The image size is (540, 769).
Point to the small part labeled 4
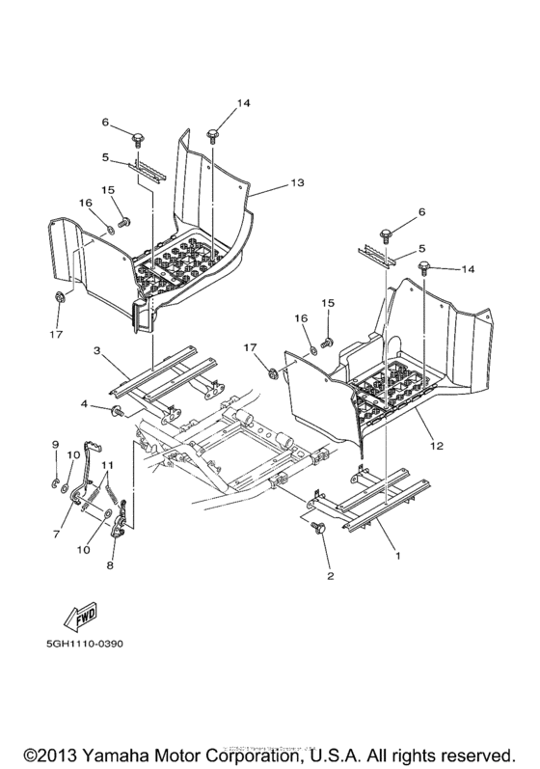pyautogui.click(x=117, y=414)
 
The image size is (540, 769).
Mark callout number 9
pyautogui.click(x=55, y=446)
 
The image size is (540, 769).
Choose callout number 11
pyautogui.click(x=108, y=466)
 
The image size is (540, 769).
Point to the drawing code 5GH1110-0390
pyautogui.click(x=87, y=643)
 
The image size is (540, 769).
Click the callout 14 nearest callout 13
pyautogui.click(x=217, y=103)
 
